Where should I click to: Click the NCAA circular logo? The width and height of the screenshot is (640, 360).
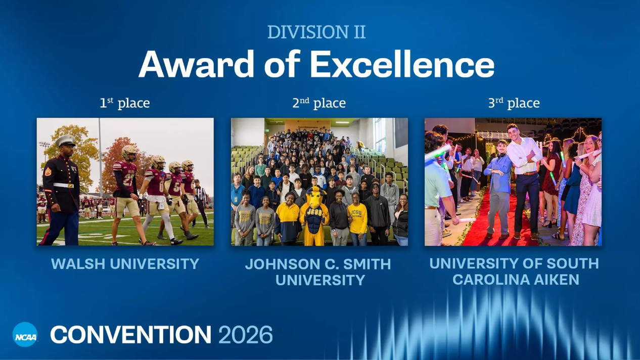(25, 335)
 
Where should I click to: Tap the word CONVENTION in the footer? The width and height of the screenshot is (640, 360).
(130, 335)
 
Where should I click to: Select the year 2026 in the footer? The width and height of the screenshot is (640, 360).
(246, 335)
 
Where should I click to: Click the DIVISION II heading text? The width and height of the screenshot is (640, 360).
(316, 32)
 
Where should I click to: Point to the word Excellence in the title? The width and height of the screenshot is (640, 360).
(402, 64)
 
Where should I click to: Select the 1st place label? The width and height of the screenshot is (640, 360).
(125, 103)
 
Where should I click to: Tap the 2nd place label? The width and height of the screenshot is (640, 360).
(319, 103)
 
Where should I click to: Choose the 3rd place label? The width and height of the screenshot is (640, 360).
(514, 103)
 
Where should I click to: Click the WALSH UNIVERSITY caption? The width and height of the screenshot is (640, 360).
(125, 264)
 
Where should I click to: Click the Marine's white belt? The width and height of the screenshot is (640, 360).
(63, 185)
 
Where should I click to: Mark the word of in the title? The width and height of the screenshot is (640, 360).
(285, 64)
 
